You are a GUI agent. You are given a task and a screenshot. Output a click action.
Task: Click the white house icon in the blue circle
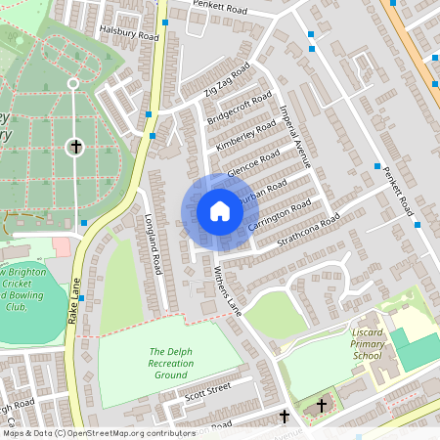[219, 211]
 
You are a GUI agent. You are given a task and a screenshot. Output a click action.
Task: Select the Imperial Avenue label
[296, 136]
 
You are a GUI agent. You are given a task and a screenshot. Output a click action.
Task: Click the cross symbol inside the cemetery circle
[74, 148]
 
